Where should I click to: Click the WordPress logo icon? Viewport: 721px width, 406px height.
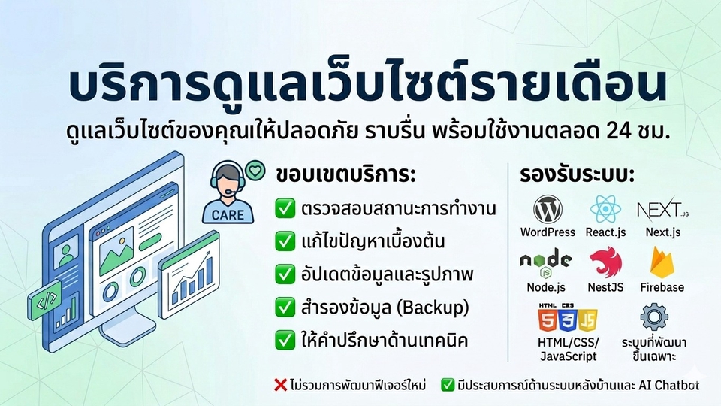(548, 210)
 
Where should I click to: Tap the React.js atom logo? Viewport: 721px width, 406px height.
(605, 210)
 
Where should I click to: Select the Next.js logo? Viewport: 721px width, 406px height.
(662, 210)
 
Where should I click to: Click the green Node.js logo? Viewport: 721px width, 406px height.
(546, 263)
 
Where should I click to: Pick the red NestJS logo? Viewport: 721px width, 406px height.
(605, 262)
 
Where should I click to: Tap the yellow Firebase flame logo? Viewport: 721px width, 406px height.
(662, 262)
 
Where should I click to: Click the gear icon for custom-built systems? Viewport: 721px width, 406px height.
(654, 317)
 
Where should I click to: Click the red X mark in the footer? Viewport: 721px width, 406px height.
(280, 385)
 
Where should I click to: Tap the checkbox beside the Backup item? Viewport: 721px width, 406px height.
(285, 307)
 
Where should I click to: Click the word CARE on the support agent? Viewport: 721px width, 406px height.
(228, 215)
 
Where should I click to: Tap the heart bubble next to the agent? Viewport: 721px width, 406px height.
(255, 171)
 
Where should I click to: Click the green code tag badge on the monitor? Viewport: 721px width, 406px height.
(45, 301)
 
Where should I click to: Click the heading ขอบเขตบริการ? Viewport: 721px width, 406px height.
(345, 175)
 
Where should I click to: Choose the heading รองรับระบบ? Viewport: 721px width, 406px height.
(577, 175)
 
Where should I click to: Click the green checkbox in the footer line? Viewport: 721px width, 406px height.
(448, 385)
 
